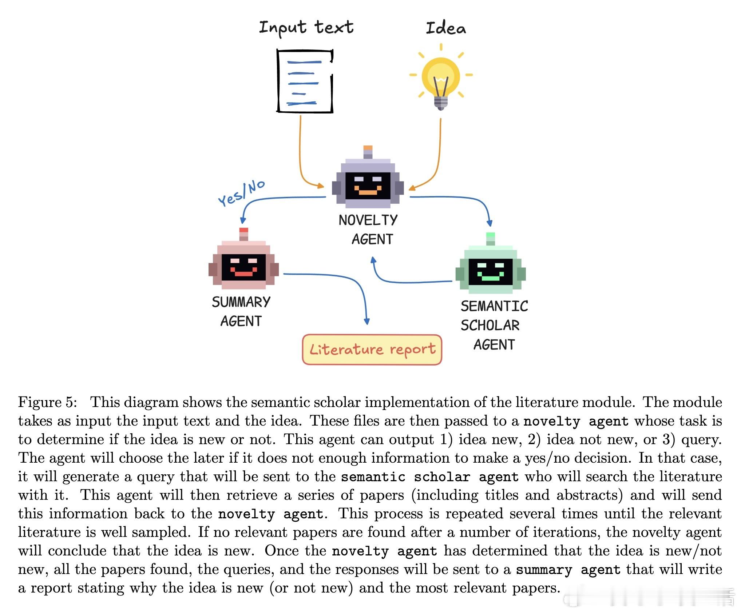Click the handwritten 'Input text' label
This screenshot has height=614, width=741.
click(x=306, y=28)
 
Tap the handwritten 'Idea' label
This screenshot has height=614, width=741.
click(x=445, y=28)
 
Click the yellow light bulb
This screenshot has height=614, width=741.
click(x=441, y=78)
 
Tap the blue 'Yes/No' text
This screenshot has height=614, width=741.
click(x=241, y=193)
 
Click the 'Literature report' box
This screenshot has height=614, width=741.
click(x=372, y=350)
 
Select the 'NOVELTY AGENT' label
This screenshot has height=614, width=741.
click(x=368, y=230)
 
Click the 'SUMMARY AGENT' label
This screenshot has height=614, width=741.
click(x=241, y=311)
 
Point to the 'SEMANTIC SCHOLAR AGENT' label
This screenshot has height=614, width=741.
click(x=494, y=325)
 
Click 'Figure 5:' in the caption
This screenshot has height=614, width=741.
click(x=48, y=402)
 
